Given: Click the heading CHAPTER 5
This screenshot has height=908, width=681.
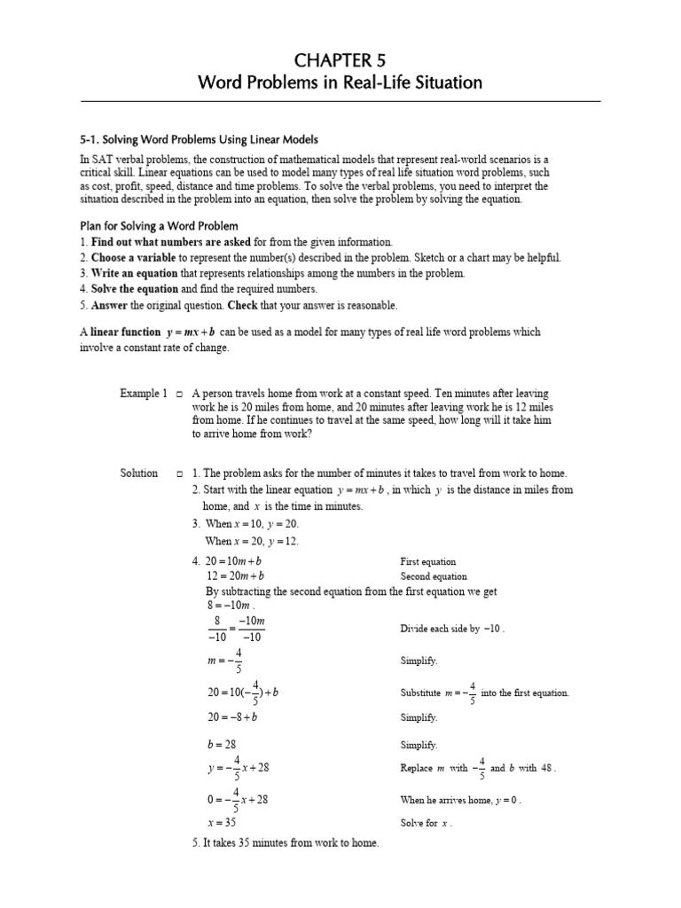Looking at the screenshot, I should click(340, 59).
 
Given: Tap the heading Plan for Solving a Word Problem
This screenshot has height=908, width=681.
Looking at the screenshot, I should click(159, 225).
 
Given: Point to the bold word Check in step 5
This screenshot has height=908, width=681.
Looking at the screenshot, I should click(242, 305).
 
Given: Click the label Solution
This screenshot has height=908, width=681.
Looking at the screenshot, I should click(139, 474).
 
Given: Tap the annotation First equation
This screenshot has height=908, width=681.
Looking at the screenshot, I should click(427, 561).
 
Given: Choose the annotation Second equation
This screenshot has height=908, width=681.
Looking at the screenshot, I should click(434, 576).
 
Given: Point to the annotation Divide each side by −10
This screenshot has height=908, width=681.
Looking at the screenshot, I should click(452, 629).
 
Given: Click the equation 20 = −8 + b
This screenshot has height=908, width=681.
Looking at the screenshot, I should click(230, 716).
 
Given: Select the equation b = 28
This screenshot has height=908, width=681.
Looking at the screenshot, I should click(221, 745).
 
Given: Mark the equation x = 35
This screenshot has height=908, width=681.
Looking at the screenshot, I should click(221, 822).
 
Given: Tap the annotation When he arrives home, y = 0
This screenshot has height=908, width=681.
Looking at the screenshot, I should click(460, 800).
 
